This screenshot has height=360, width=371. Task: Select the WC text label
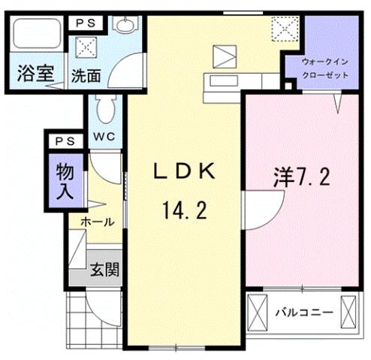[x=104, y=137]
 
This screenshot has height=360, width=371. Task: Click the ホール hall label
[x=98, y=222]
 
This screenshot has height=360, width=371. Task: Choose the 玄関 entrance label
[x=104, y=269]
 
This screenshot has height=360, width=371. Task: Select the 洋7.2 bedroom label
[x=301, y=178]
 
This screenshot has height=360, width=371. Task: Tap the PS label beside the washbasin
[x=85, y=24]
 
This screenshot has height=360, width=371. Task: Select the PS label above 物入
[x=63, y=141]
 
